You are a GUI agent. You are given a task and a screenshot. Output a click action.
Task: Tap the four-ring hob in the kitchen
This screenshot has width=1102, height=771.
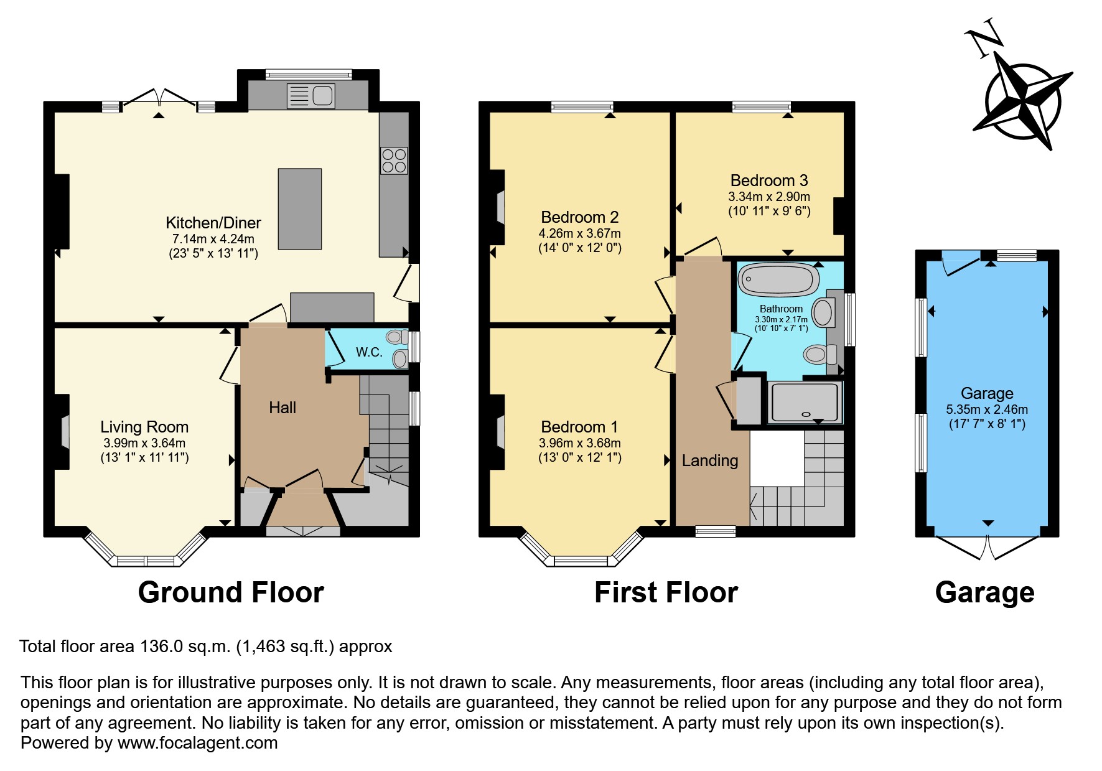click(x=394, y=161)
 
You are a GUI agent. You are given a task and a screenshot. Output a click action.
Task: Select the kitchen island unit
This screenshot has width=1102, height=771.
click(x=300, y=208)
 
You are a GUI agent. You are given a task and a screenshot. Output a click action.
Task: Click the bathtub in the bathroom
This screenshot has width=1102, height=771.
click(x=778, y=279)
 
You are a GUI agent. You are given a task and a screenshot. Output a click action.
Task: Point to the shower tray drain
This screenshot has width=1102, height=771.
click(x=806, y=414)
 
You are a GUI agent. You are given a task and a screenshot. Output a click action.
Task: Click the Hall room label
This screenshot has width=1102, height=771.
click(x=282, y=408)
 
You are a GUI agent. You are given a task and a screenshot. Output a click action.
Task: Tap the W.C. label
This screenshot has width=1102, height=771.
click(x=369, y=352)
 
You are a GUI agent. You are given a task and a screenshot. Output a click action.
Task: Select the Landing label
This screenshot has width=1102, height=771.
click(x=709, y=460)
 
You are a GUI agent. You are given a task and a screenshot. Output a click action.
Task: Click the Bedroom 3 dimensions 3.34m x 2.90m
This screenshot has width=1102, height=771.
click(x=769, y=197)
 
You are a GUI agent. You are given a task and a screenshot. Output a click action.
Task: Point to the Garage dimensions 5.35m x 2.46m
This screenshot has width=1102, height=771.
click(x=987, y=409)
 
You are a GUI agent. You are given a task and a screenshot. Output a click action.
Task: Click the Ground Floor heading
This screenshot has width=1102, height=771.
click(x=231, y=592)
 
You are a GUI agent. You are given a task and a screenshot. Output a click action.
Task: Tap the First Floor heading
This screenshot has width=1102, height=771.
click(x=666, y=592)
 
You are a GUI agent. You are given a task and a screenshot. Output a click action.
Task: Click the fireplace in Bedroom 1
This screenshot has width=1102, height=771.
click(x=499, y=431)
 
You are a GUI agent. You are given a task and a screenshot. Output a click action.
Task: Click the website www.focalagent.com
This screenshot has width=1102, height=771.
click(x=197, y=743)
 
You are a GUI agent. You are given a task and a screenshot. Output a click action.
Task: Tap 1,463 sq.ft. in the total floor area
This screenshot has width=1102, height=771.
click(x=284, y=647)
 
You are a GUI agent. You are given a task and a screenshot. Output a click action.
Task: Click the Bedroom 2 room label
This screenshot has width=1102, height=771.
click(x=579, y=217)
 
